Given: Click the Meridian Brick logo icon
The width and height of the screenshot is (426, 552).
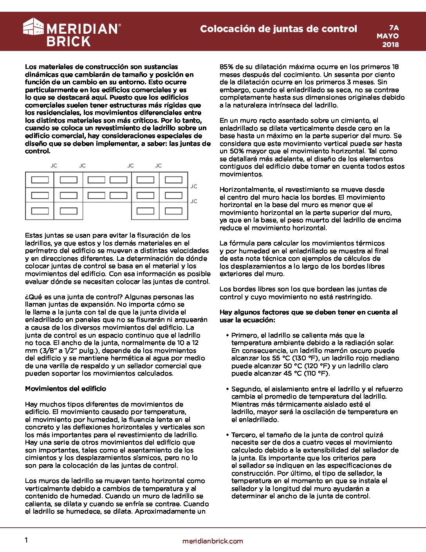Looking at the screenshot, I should [33, 26].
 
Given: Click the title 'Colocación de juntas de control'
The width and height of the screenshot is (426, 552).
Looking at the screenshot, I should [278, 29].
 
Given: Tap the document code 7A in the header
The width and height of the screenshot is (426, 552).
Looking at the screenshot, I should [394, 27].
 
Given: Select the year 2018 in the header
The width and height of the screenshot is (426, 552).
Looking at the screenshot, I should [390, 44].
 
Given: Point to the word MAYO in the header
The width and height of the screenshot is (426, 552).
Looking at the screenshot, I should [388, 36].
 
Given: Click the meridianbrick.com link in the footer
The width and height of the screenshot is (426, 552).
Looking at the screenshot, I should [213, 541].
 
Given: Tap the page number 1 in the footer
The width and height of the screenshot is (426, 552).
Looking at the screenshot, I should [26, 540].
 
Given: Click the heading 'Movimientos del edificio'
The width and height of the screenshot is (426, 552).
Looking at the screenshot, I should [65, 389].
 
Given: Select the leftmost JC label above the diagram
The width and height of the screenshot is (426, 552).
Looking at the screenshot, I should [54, 166].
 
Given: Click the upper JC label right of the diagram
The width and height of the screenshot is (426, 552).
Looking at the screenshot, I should [194, 186].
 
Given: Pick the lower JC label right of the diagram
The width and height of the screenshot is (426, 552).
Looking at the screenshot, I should [194, 201].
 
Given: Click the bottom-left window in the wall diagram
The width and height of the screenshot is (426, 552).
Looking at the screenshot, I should [40, 211].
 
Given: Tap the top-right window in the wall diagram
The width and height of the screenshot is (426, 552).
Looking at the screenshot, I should [173, 180].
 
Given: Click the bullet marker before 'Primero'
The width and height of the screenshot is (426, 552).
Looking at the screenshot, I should [227, 335].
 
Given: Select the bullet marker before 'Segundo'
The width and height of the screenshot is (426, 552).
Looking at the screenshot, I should [227, 389].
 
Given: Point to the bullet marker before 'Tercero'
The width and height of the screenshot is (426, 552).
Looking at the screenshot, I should [227, 435].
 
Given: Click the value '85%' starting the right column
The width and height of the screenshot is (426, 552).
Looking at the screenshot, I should [227, 67].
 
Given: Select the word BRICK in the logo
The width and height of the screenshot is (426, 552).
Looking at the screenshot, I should [69, 42].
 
